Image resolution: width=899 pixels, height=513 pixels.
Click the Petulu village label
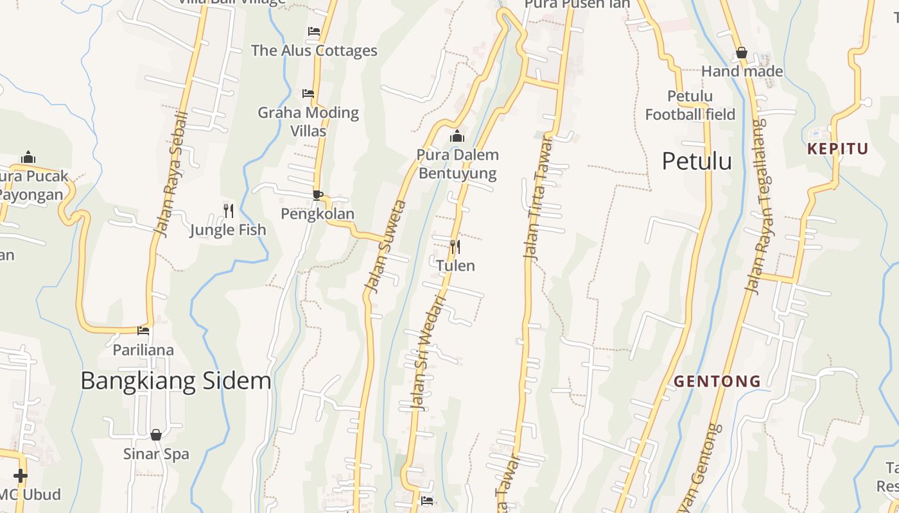[697, 161]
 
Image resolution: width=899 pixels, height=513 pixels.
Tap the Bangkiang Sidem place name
[175, 381]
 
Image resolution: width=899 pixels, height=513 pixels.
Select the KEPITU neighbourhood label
[838, 149]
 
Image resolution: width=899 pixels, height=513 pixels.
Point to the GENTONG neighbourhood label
[717, 382]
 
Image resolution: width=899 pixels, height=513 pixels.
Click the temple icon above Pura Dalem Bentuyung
[457, 136]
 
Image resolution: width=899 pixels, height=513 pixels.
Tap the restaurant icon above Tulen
[455, 246]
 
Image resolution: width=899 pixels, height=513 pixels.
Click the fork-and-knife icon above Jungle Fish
[228, 210]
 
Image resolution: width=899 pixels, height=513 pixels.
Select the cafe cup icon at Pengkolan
[317, 194]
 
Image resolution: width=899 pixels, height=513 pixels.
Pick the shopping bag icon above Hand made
[742, 53]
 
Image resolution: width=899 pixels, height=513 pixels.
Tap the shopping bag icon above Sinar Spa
[156, 435]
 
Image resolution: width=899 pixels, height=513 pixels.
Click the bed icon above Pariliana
[143, 330]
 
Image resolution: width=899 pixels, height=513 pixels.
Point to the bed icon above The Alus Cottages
[314, 31]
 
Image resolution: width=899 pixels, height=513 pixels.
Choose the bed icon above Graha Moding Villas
[308, 93]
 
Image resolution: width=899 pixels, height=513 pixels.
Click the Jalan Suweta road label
[385, 247]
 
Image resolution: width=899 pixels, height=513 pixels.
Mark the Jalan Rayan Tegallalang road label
[760, 205]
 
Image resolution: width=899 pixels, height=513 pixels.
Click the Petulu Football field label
[690, 106]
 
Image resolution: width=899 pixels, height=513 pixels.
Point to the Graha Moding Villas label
[308, 121]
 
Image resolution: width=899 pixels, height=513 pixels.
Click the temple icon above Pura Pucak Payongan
[28, 157]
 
